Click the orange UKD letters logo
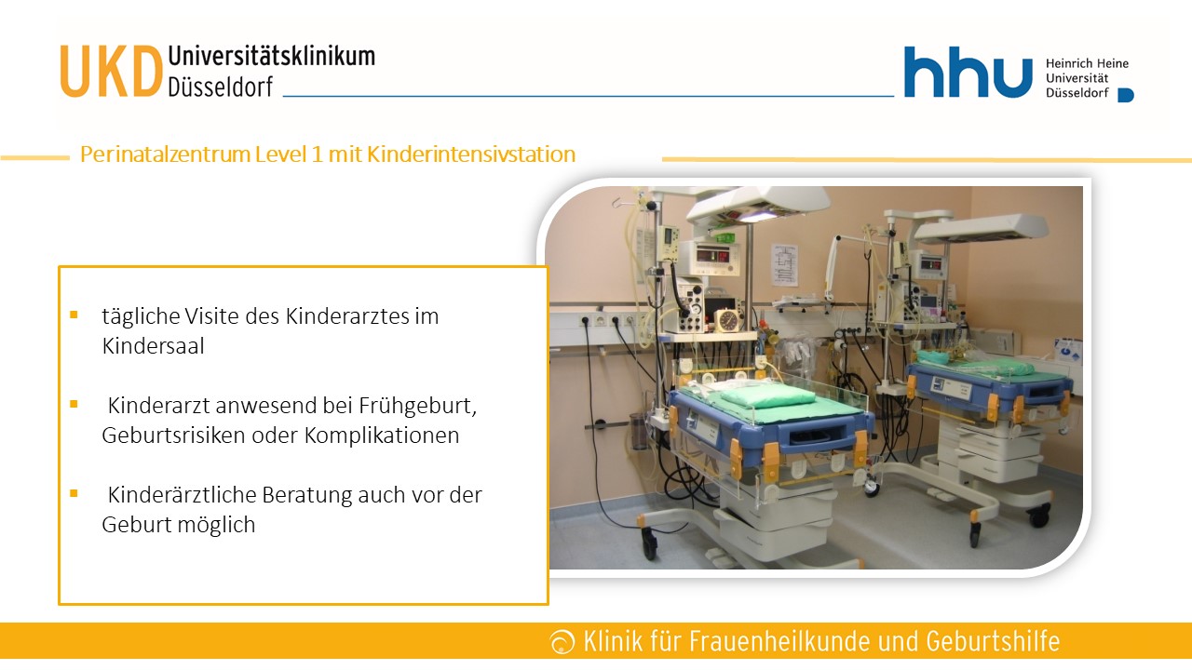click(x=111, y=72)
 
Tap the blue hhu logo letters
click(x=968, y=72)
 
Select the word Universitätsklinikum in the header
click(x=271, y=57)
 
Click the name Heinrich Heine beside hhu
click(x=1087, y=63)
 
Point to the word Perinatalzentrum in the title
click(x=165, y=154)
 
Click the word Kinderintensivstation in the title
click(x=471, y=154)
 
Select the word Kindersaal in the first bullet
click(x=154, y=346)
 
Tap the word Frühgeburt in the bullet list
click(x=418, y=406)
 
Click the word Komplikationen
click(x=382, y=435)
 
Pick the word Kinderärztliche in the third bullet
click(x=182, y=494)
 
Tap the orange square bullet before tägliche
click(x=74, y=315)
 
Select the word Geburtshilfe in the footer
click(x=993, y=641)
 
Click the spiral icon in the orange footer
click(x=562, y=642)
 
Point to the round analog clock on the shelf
click(x=727, y=321)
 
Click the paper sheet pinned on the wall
click(x=785, y=264)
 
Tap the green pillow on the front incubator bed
click(x=761, y=396)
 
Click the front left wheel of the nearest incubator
click(x=649, y=544)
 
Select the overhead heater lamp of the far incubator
click(x=982, y=228)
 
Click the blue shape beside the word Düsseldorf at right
click(x=1126, y=95)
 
